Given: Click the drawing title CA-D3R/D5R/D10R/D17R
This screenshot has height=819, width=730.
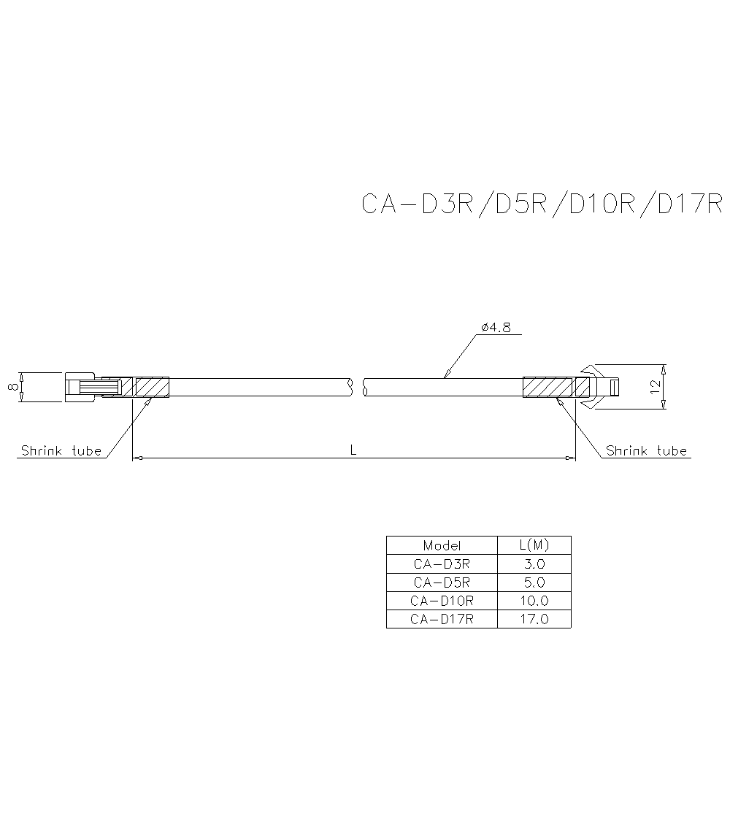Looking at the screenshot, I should point(541,204).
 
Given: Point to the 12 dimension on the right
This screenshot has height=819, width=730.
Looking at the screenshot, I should point(655,386).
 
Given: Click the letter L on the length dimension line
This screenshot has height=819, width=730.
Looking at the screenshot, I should point(353,450).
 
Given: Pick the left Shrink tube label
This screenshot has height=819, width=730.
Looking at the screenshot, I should point(61,450).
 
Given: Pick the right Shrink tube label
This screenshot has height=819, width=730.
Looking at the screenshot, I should point(647,450).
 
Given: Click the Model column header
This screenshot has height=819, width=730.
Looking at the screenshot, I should point(442,545).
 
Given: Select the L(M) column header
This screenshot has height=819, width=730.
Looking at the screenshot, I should point(534,545).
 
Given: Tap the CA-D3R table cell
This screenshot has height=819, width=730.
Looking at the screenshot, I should point(442,564).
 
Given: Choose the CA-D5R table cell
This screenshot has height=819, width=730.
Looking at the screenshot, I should point(442,582).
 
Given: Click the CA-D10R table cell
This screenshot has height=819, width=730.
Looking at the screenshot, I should point(442,601).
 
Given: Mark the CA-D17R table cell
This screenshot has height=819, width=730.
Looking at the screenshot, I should point(442,619).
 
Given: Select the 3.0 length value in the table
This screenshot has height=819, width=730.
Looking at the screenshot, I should point(534,564).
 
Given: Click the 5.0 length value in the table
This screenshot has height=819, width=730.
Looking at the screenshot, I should point(534,582).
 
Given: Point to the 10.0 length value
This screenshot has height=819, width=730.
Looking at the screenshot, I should point(534,601).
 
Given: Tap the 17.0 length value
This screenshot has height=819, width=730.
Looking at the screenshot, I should point(534,619).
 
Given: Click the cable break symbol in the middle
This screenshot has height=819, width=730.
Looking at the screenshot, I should point(358,387).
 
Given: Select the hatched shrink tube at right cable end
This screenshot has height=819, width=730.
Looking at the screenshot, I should point(548,387).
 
